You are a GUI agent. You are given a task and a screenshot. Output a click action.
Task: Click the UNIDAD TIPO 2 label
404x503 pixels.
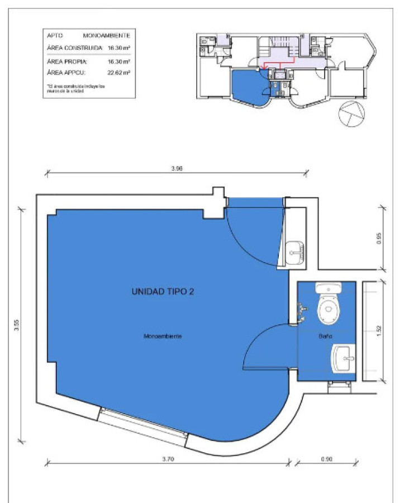pyautogui.click(x=162, y=291)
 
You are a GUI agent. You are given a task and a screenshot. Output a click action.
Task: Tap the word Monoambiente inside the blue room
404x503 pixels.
pyautogui.click(x=163, y=336)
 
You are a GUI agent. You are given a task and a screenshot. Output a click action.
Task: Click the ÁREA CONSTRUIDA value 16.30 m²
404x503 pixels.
pyautogui.click(x=119, y=48)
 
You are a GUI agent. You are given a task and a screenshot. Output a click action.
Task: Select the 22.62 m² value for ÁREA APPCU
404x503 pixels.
pyautogui.click(x=119, y=73)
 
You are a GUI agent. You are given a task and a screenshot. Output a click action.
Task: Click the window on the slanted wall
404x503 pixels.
pyautogui.click(x=143, y=423)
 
